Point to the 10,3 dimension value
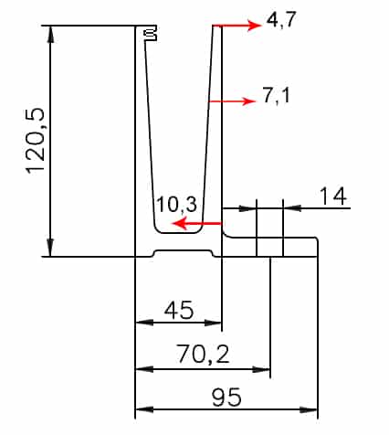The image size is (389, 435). click(175, 204)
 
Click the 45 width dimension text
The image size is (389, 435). click(178, 311)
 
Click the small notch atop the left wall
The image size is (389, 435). click(150, 34)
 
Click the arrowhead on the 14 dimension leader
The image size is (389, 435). click(290, 209)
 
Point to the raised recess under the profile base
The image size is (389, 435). click(186, 251)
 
